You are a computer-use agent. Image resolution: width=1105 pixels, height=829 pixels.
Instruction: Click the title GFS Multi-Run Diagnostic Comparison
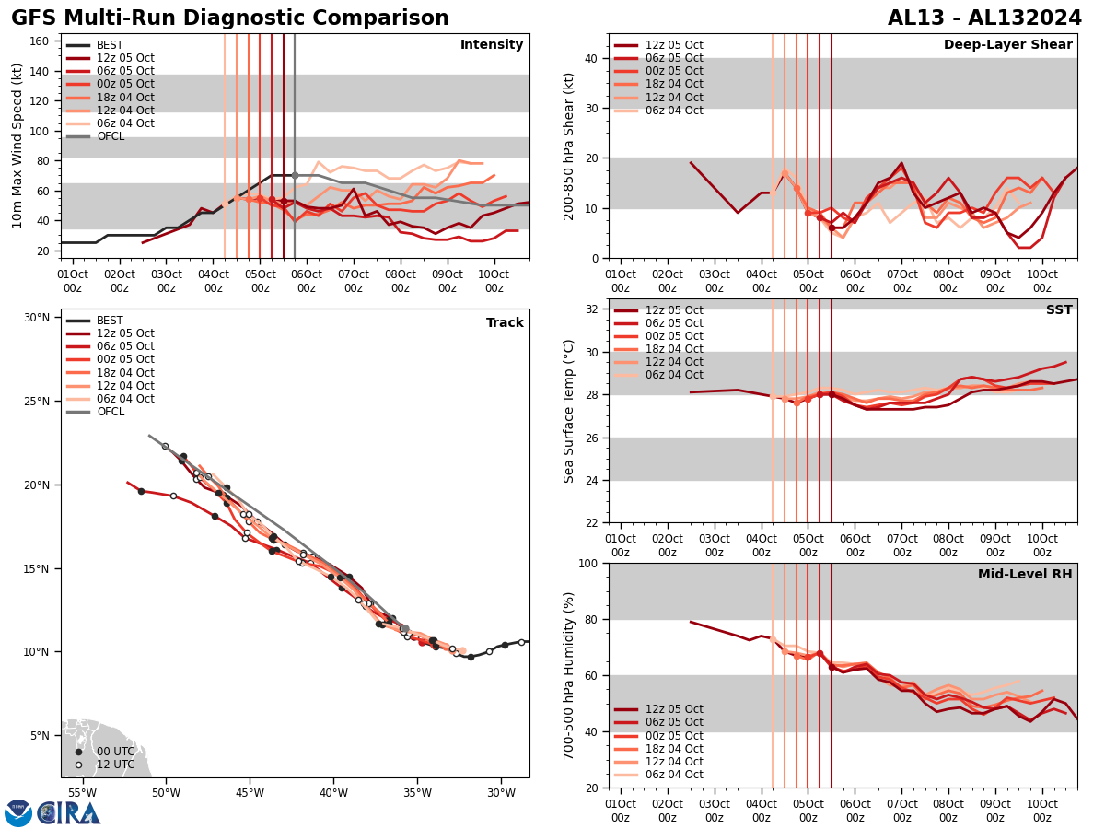click(x=230, y=18)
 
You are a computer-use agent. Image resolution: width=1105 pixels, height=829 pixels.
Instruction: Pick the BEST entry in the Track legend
click(x=110, y=321)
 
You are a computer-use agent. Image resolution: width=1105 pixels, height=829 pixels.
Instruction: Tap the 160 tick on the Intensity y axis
click(x=41, y=41)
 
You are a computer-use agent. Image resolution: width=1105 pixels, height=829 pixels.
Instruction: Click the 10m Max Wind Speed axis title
click(x=17, y=146)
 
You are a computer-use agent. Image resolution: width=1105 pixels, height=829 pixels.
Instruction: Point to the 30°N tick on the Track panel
click(x=38, y=318)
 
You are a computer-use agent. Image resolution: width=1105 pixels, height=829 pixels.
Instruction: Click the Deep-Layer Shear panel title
click(x=1007, y=45)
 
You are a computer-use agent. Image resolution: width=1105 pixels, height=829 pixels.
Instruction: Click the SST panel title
click(x=1059, y=309)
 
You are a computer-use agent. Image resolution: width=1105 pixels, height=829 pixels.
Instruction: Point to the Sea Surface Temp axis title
click(x=569, y=411)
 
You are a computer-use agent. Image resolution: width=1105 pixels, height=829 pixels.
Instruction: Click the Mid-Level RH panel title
click(x=1025, y=574)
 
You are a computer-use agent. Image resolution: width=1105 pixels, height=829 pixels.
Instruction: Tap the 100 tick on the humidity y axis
click(x=587, y=563)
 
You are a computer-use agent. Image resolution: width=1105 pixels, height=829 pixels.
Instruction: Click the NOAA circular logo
click(x=18, y=812)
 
